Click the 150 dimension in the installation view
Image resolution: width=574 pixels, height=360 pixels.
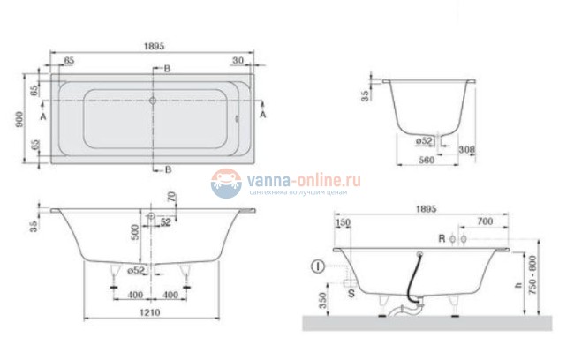tap(343, 222)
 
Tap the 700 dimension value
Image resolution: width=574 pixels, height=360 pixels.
tap(484, 222)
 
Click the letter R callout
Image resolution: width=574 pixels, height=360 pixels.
tap(440, 239)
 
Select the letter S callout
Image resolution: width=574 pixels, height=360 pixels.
tap(352, 290)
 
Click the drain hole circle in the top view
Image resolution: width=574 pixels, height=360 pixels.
tap(154, 101)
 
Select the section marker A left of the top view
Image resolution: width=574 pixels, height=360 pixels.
tap(44, 115)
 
